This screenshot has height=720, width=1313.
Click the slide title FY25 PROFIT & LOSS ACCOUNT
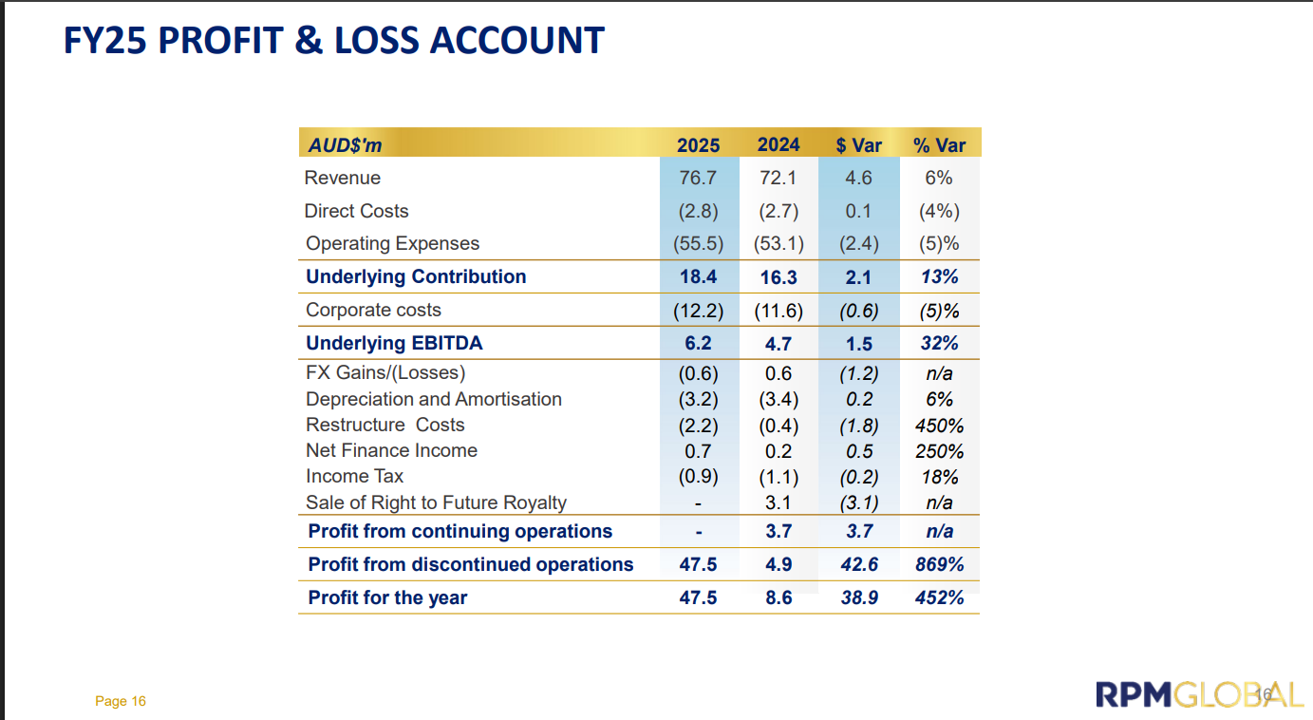pos(333,41)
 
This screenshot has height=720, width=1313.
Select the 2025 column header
pos(698,145)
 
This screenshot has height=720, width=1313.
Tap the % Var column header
pos(939,145)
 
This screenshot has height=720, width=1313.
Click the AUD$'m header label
pos(346,145)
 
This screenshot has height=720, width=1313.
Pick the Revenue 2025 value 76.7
pos(698,178)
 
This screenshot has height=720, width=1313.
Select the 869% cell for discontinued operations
pos(939,564)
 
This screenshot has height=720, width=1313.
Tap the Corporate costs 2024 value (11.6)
pos(778,311)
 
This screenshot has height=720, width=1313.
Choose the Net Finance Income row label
pos(391,450)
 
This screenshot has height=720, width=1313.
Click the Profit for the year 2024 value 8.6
pos(778,597)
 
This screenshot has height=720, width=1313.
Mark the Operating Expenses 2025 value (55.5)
pos(698,244)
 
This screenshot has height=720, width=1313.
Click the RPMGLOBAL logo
pos(1199,694)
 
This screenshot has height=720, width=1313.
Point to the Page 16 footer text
pos(121,702)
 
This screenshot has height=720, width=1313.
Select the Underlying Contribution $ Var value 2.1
pos(858,277)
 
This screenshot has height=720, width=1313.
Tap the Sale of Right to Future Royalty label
pos(436,502)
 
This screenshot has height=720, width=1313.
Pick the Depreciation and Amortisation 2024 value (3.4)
pos(778,400)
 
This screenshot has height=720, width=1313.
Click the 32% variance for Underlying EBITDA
pos(939,344)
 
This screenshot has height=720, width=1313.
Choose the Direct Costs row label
pos(356,211)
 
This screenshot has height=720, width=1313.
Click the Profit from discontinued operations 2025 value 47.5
pos(698,564)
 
